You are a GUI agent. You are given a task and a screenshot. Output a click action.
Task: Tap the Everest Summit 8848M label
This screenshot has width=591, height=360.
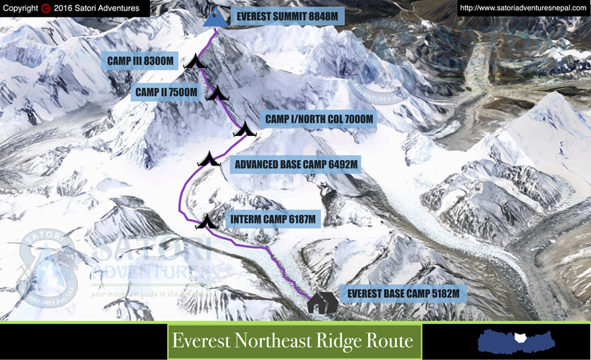pyautogui.click(x=287, y=17)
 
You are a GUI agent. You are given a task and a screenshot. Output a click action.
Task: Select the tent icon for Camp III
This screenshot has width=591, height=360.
pyautogui.click(x=194, y=61)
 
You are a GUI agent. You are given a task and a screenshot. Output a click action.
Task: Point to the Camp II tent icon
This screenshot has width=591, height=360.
pyautogui.click(x=218, y=94)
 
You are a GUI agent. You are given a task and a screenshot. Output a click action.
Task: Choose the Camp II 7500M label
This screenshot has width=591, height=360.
pyautogui.click(x=166, y=93)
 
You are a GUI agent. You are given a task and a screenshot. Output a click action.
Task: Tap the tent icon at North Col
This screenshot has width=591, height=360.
pyautogui.click(x=246, y=130)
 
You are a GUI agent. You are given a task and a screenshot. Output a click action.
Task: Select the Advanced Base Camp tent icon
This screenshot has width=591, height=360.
pyautogui.click(x=209, y=160)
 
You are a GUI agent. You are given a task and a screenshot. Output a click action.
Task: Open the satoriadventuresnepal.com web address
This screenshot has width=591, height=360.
pyautogui.click(x=523, y=8)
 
